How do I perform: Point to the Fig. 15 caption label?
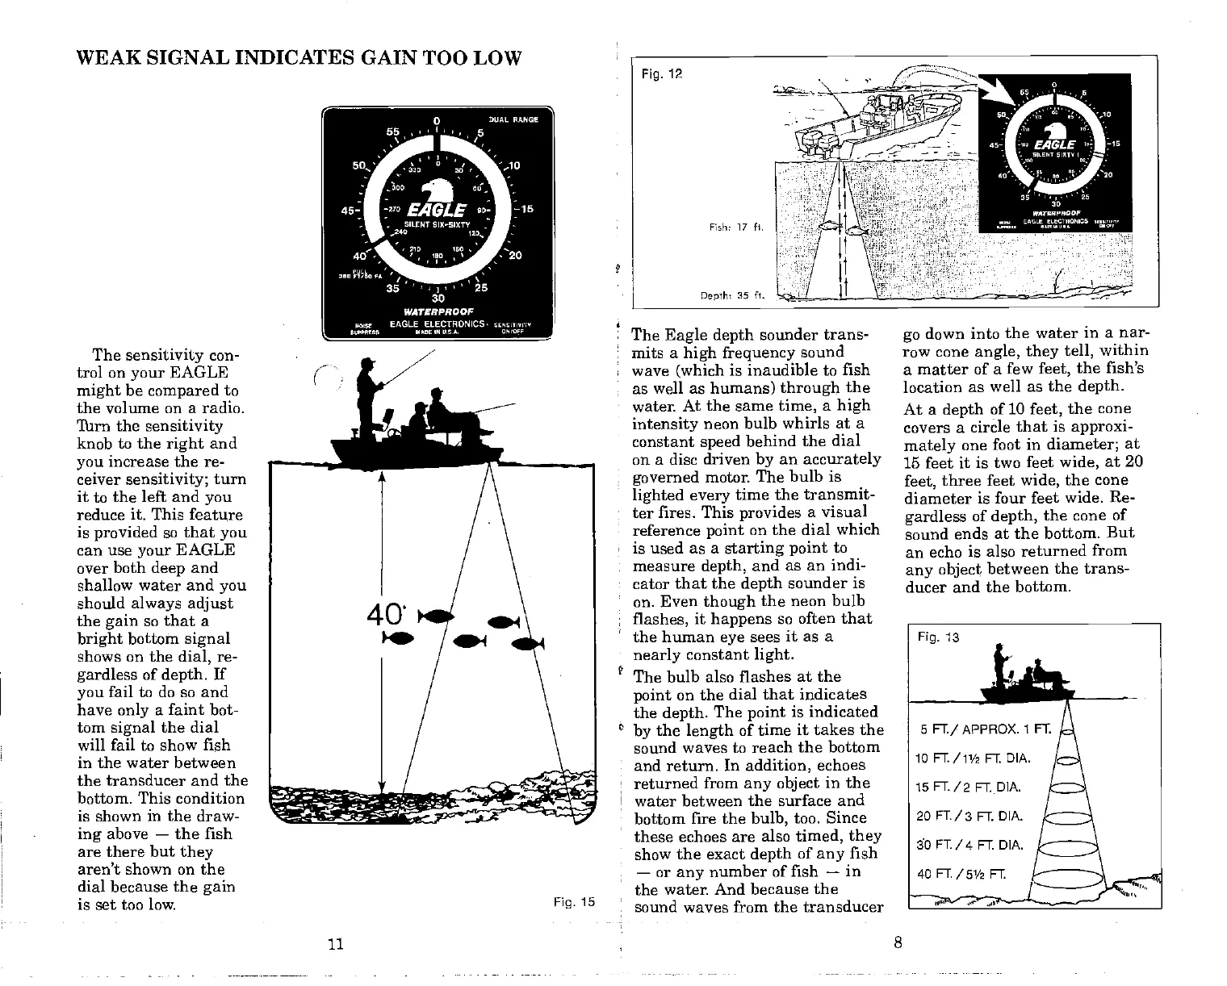click(x=573, y=902)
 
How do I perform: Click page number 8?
click(x=898, y=942)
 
